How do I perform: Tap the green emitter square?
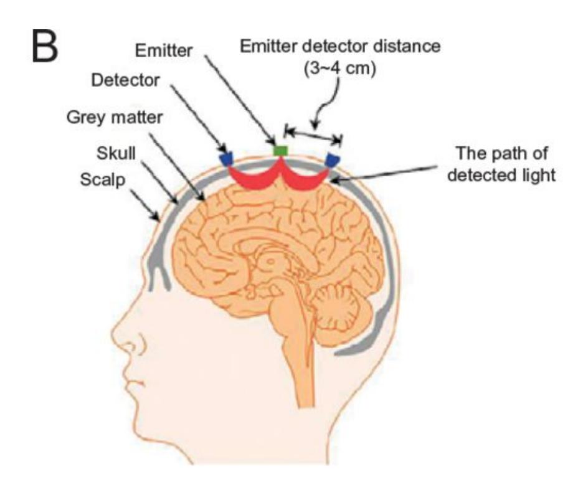tap(282, 149)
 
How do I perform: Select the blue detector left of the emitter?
tap(227, 158)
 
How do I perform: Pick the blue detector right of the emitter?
tap(334, 159)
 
